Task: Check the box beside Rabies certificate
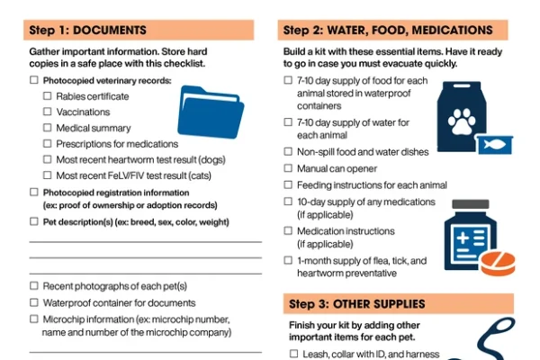tap(48, 95)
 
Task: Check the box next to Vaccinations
tap(48, 112)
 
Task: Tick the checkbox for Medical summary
tap(48, 128)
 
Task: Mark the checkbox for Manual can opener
tap(289, 168)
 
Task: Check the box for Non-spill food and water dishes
tap(289, 152)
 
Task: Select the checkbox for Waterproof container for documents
tap(34, 303)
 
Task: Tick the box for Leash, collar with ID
tap(293, 354)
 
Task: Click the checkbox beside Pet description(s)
tap(34, 221)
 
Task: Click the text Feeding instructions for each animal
tap(359, 185)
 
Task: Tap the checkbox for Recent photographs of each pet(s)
tap(34, 286)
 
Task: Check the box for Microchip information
tap(34, 319)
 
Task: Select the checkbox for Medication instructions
tap(289, 231)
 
